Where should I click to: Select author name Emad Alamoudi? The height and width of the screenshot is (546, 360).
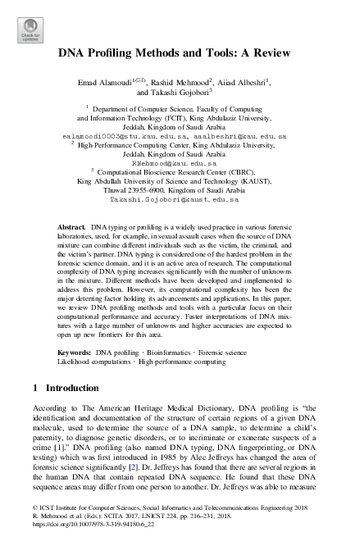click(106, 83)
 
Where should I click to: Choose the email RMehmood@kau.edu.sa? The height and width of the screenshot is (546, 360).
click(180, 163)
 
